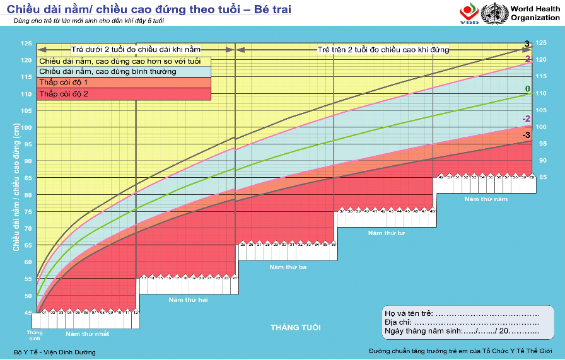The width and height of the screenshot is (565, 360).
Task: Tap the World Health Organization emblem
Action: tap(494, 13)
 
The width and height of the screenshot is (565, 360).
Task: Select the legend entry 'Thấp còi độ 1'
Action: tap(64, 83)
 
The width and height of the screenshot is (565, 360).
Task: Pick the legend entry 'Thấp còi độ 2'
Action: tap(64, 94)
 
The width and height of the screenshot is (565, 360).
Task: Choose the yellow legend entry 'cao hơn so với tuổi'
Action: tap(120, 61)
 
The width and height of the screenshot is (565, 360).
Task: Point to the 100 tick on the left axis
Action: tap(26, 127)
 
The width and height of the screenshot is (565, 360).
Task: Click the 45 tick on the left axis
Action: tap(26, 313)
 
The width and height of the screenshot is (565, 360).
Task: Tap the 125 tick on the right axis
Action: tap(540, 44)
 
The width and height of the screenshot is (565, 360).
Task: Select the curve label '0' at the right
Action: tap(527, 89)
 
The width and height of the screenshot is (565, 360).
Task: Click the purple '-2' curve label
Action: tap(526, 119)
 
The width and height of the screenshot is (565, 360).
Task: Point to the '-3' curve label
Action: tap(526, 135)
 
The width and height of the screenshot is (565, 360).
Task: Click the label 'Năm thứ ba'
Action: tap(288, 267)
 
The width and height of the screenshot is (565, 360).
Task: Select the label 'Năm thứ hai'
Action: tap(188, 299)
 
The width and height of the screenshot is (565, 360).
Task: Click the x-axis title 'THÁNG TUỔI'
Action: tap(295, 328)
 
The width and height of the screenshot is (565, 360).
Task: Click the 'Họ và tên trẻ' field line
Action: tap(486, 314)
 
